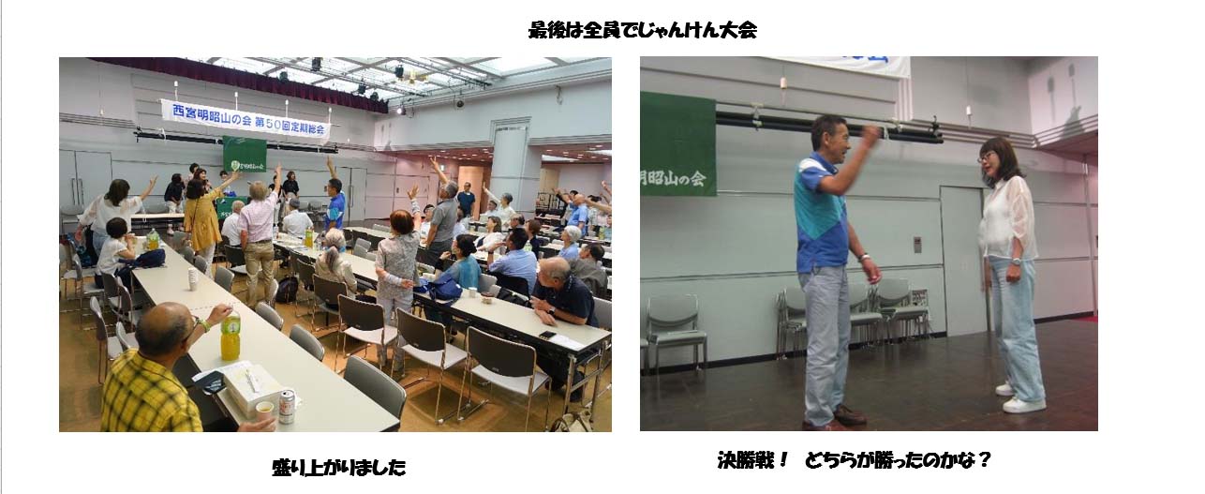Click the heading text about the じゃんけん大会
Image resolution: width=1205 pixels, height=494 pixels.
pyautogui.click(x=642, y=30)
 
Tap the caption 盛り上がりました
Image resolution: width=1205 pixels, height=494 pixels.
pyautogui.click(x=339, y=467)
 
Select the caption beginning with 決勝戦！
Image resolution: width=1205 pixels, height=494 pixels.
pyautogui.click(x=854, y=460)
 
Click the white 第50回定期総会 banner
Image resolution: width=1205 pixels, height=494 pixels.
pyautogui.click(x=245, y=119)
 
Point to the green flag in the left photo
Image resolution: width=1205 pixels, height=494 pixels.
pyautogui.click(x=245, y=154)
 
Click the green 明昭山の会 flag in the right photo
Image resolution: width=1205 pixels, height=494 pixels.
pyautogui.click(x=677, y=144)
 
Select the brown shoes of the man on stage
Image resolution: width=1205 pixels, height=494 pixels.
pyautogui.click(x=841, y=418)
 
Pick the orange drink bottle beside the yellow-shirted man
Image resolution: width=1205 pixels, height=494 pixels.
pyautogui.click(x=231, y=336)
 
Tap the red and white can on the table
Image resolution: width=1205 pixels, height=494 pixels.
pyautogui.click(x=287, y=406)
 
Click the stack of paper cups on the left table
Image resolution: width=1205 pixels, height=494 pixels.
pyautogui.click(x=193, y=278)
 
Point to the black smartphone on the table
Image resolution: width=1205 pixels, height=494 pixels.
pyautogui.click(x=547, y=335)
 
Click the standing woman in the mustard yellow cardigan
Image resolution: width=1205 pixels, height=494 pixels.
pyautogui.click(x=201, y=220)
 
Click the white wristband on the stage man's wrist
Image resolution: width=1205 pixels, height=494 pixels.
pyautogui.click(x=865, y=257)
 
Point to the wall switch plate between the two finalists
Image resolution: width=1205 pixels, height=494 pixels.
pyautogui.click(x=917, y=245)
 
